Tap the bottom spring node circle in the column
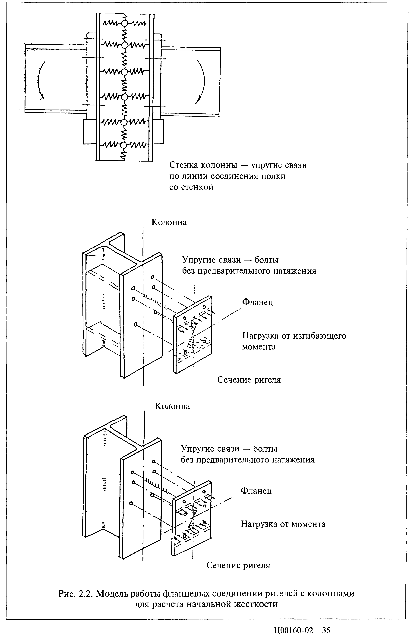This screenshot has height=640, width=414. [123, 145]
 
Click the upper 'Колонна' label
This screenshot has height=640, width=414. [169, 222]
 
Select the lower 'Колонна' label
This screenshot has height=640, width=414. [172, 406]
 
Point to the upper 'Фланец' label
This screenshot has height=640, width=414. [258, 302]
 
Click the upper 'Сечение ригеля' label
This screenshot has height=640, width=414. [249, 380]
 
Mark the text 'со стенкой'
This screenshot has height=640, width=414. [191, 187]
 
